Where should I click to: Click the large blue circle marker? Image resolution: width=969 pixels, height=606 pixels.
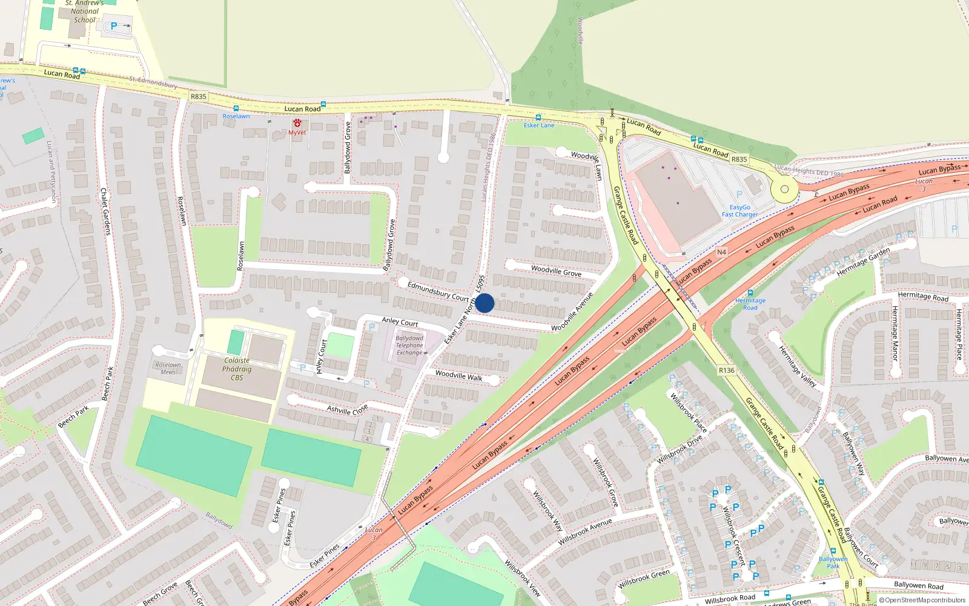[484, 303]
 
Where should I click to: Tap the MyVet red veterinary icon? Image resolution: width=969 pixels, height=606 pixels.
[297, 123]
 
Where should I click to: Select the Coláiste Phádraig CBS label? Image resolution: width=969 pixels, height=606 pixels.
[237, 368]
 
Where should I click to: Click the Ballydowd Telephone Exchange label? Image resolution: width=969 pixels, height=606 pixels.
[409, 345]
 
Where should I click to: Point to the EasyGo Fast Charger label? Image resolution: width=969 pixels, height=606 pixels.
[739, 211]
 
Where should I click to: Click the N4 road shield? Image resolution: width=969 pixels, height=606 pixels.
[721, 252]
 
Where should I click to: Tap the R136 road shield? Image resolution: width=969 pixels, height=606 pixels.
[726, 370]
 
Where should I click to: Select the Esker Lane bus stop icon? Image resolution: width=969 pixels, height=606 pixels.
[538, 118]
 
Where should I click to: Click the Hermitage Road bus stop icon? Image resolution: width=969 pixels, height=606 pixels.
[750, 293]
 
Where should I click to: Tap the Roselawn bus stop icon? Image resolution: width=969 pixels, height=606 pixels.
[236, 108]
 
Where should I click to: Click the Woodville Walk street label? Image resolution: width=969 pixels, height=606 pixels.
[459, 376]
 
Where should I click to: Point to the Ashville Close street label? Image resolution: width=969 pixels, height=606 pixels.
[347, 410]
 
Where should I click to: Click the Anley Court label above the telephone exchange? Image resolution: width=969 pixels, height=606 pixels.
[400, 322]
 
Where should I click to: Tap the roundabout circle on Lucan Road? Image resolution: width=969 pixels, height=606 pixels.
[784, 189]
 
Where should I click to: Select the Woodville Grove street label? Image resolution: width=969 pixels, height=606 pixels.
[556, 271]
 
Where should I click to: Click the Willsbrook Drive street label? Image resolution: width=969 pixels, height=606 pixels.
[680, 449]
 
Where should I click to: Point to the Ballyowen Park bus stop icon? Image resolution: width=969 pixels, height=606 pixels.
[833, 551]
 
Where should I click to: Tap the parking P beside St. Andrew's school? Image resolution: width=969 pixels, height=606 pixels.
[114, 26]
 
